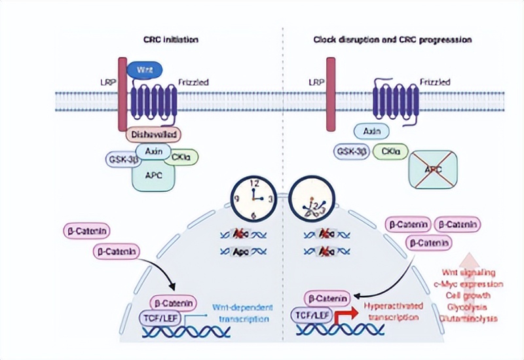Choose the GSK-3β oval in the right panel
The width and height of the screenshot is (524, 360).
352,152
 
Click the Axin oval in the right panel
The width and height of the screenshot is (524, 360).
372,132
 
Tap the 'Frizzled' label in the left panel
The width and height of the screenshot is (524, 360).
195,83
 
